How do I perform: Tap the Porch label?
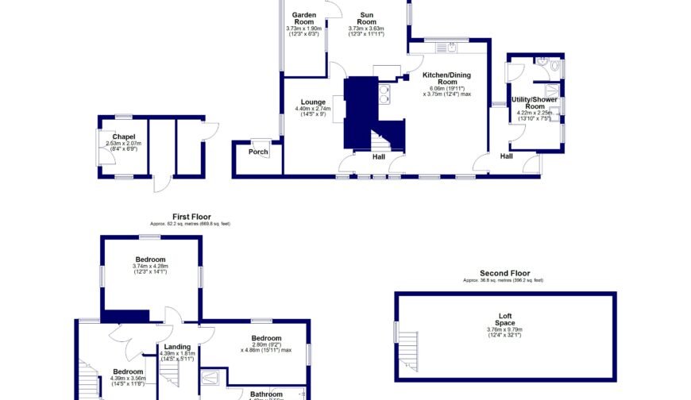pos(258,152)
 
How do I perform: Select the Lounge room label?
pos(313,102)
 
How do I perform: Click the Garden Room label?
pos(304,19)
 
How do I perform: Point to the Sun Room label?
pos(366,19)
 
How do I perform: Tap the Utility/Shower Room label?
pos(535,103)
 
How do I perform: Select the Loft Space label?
pos(505,320)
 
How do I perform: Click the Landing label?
pos(177,347)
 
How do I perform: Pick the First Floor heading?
pos(191,216)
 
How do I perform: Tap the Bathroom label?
pos(266,394)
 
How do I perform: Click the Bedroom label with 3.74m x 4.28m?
pos(150,260)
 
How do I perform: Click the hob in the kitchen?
pos(386,94)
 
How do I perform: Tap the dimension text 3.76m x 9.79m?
pos(505,330)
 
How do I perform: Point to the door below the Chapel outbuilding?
pos(162,183)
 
